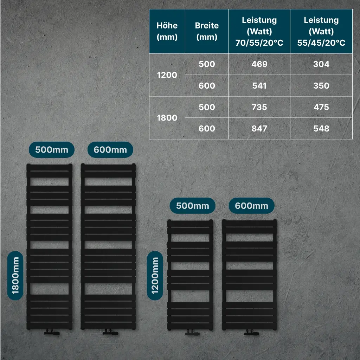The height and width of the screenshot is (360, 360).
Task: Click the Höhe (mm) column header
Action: coord(167,31)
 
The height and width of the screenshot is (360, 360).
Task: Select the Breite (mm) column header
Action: coord(207,31)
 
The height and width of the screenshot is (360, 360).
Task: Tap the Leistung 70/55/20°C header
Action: coord(259,31)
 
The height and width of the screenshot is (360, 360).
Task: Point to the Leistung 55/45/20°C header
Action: coord(321,31)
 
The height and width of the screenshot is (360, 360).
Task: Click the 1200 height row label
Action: coord(167,75)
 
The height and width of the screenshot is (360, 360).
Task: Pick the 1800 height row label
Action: coord(167,118)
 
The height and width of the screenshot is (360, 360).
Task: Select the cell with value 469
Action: coord(259,64)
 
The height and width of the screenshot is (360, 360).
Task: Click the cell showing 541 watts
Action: coord(259,86)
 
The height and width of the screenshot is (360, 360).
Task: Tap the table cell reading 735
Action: coord(259,107)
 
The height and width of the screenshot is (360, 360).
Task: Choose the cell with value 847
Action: coord(259,129)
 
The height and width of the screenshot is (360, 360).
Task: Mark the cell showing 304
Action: coord(321,64)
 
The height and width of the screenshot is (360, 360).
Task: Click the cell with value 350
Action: coord(321,86)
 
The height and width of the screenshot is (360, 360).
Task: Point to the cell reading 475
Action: coord(321,107)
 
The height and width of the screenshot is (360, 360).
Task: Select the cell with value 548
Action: coord(321,129)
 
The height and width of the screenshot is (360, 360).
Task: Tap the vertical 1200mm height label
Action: coord(155,275)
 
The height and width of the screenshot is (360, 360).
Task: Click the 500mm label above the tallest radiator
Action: coord(52,150)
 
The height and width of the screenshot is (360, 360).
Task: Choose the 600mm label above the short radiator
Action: coord(251,206)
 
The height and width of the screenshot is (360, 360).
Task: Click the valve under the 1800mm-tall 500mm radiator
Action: coord(52,332)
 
